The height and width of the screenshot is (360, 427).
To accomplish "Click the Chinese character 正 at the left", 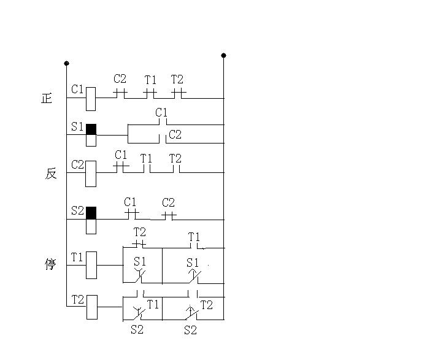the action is pyautogui.click(x=47, y=98).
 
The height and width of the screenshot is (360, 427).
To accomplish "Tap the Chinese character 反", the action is pyautogui.click(x=51, y=174).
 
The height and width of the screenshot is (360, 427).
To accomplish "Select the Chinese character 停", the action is pyautogui.click(x=50, y=264).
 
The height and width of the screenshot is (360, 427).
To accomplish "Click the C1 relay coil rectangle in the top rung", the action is pyautogui.click(x=91, y=99).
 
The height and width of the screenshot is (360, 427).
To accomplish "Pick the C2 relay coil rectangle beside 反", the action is pyautogui.click(x=91, y=174).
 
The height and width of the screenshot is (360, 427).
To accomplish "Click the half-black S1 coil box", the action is pyautogui.click(x=91, y=135).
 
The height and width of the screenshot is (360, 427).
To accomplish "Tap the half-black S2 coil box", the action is pyautogui.click(x=91, y=220).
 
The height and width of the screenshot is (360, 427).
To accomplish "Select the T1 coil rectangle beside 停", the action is pyautogui.click(x=91, y=265).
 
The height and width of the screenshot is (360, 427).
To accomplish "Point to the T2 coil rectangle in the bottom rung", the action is pyautogui.click(x=92, y=307).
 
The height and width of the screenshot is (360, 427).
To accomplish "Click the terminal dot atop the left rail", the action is pyautogui.click(x=66, y=63).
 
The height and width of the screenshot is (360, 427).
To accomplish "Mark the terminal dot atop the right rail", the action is pyautogui.click(x=223, y=56).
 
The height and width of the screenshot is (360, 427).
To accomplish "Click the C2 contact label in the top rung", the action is pyautogui.click(x=120, y=79).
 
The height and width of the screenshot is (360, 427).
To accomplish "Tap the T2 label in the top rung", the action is pyautogui.click(x=177, y=80).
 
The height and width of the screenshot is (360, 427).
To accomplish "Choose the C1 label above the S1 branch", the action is pyautogui.click(x=161, y=112).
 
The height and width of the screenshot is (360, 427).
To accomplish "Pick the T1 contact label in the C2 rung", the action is pyautogui.click(x=146, y=158).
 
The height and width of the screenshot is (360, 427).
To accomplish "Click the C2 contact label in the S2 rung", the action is pyautogui.click(x=168, y=202).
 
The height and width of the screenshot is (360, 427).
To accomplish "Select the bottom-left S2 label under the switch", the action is pyautogui.click(x=137, y=329).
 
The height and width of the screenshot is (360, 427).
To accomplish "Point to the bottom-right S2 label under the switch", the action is pyautogui.click(x=190, y=330).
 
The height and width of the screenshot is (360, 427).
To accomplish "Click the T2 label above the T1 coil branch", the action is pyautogui.click(x=140, y=232).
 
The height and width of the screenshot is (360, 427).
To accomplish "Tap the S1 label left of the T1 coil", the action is pyautogui.click(x=140, y=262).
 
